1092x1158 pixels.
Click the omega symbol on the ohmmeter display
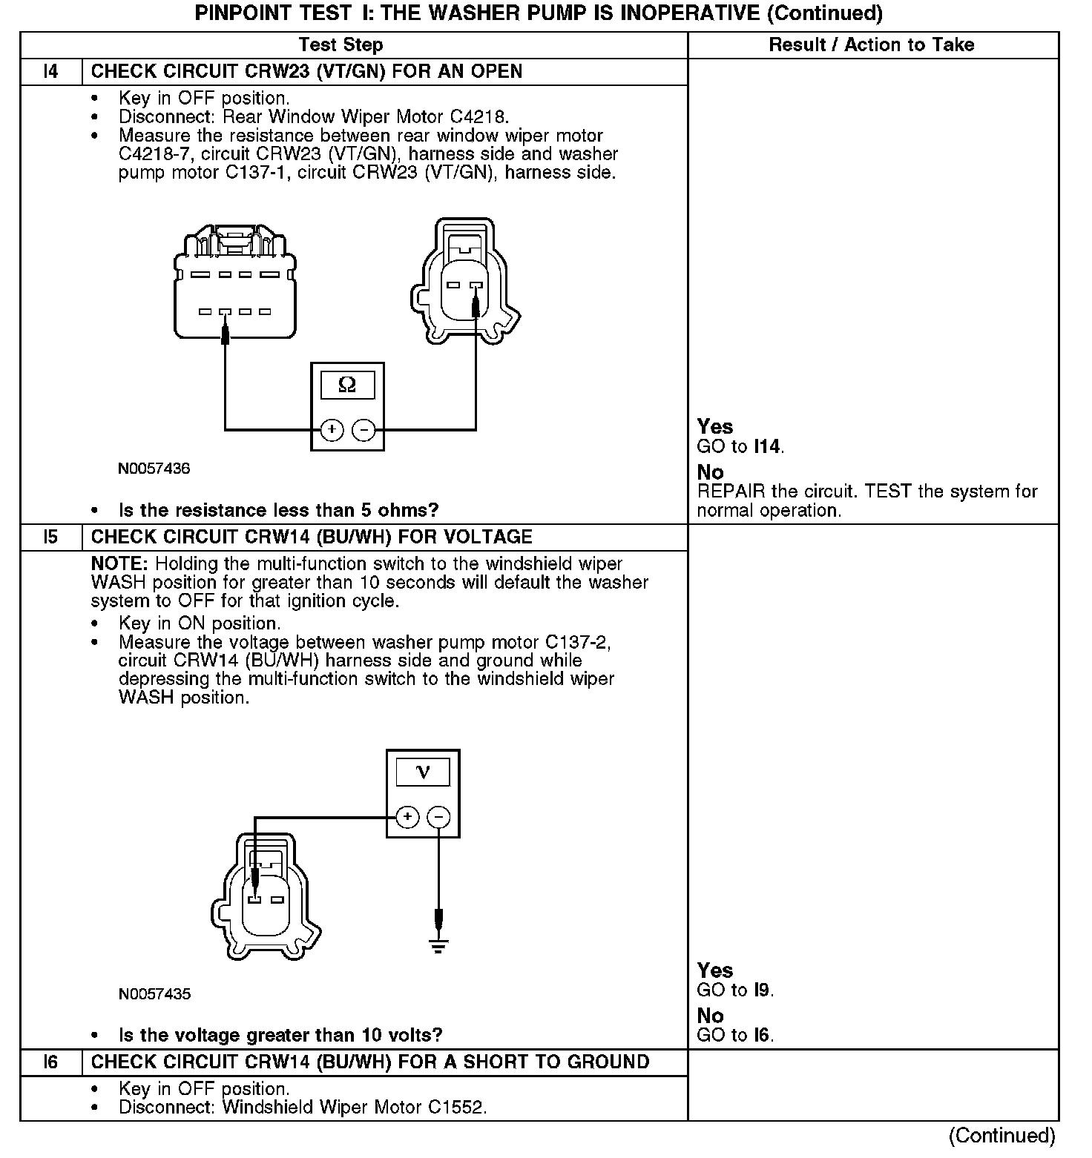pyautogui.click(x=347, y=385)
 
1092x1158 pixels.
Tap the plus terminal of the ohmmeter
pyautogui.click(x=332, y=429)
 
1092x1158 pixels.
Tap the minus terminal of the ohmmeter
pyautogui.click(x=363, y=429)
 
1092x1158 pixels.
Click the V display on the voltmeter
pyautogui.click(x=423, y=772)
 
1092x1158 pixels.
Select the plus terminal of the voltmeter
pyautogui.click(x=407, y=817)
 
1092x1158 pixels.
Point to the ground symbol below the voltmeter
pyautogui.click(x=438, y=945)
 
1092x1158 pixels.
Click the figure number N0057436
pyautogui.click(x=154, y=469)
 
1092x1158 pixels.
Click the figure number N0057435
pyautogui.click(x=154, y=994)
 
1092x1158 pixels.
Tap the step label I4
pyautogui.click(x=50, y=72)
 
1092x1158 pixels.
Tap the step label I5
pyautogui.click(x=50, y=537)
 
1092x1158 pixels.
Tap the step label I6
pyautogui.click(x=50, y=1062)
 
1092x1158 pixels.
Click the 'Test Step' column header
pyautogui.click(x=341, y=44)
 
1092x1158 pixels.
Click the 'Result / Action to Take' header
pyautogui.click(x=871, y=44)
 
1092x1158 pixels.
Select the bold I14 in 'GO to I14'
pyautogui.click(x=767, y=446)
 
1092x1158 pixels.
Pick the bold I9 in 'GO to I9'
pyautogui.click(x=763, y=990)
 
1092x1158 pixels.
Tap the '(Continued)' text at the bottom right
pyautogui.click(x=1001, y=1136)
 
